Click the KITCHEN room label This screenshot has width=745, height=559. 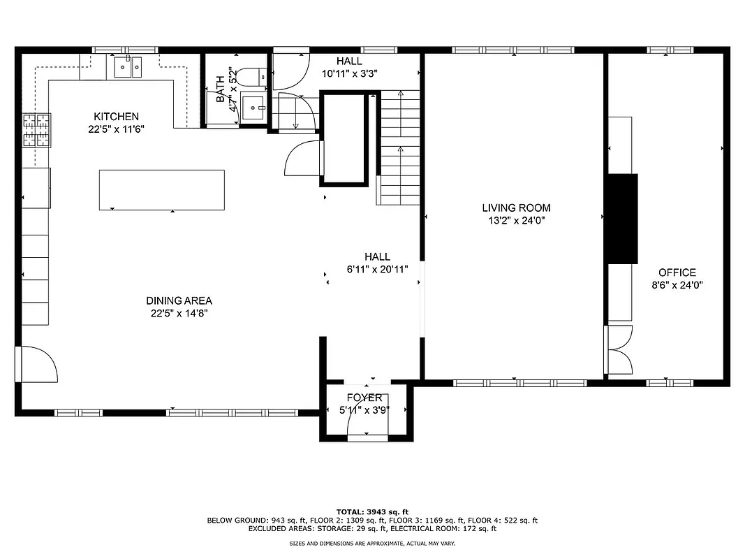(117, 117)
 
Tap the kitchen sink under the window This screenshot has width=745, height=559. (127, 68)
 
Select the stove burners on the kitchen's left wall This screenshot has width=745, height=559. (38, 131)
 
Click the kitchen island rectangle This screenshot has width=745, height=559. (161, 190)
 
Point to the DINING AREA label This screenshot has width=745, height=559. (179, 301)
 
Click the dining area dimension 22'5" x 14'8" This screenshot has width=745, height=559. (179, 314)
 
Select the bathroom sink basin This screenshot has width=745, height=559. (253, 107)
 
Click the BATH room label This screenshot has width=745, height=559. (221, 89)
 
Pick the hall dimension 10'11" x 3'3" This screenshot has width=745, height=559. (349, 73)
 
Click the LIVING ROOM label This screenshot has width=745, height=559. (516, 208)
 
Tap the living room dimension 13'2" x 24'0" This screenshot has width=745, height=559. (516, 220)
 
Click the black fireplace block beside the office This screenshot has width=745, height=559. (621, 218)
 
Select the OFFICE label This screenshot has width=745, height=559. (677, 273)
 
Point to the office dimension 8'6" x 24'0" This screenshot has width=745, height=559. (677, 285)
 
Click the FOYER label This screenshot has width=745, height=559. (366, 398)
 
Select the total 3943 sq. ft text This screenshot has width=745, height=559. (372, 511)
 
